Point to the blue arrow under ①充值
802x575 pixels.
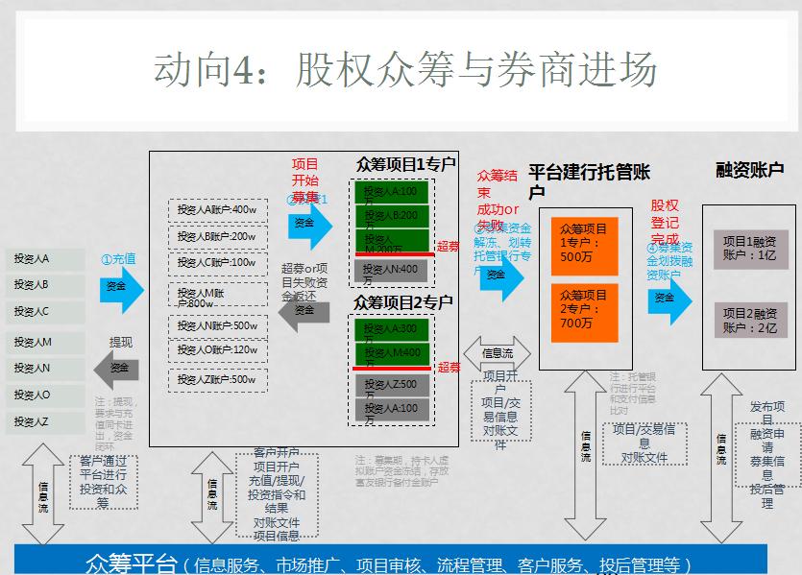(120, 287)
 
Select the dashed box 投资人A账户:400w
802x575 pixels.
(217, 210)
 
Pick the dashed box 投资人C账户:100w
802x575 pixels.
(217, 263)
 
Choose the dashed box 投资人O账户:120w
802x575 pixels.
(217, 351)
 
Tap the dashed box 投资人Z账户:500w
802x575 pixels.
(217, 380)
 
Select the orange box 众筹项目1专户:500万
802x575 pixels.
(584, 243)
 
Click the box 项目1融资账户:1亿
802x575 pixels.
(749, 249)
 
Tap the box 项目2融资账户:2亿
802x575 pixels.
(749, 321)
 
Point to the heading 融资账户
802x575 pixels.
(749, 169)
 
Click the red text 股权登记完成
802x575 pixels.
(665, 222)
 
